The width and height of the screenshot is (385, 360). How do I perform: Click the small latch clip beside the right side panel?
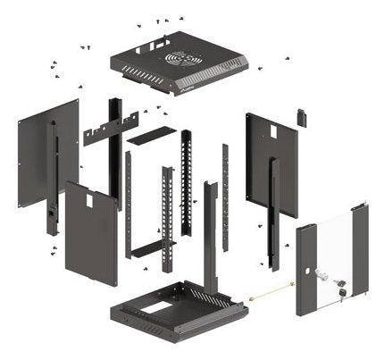click(x=301, y=117)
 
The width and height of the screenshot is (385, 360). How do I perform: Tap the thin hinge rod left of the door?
click(x=271, y=289)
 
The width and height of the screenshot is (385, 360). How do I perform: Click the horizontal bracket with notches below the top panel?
click(x=111, y=130)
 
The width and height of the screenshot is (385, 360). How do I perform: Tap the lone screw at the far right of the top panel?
click(x=288, y=59)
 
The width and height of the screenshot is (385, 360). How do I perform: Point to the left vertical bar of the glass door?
click(x=304, y=268)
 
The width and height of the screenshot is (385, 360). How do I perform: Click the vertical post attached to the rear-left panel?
click(x=52, y=179)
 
